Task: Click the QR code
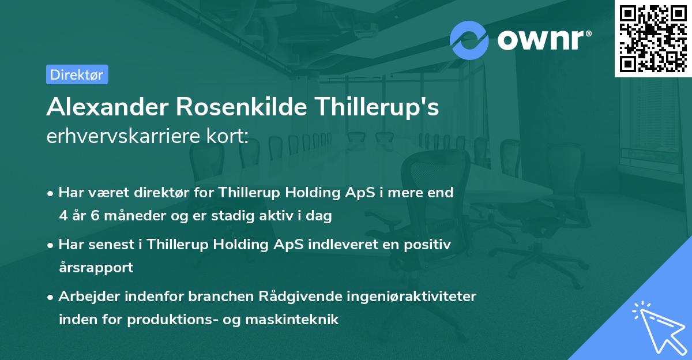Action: point(653,38)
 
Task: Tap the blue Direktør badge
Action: point(77,74)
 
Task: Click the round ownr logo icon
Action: point(469,39)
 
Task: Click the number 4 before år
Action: point(63,216)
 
